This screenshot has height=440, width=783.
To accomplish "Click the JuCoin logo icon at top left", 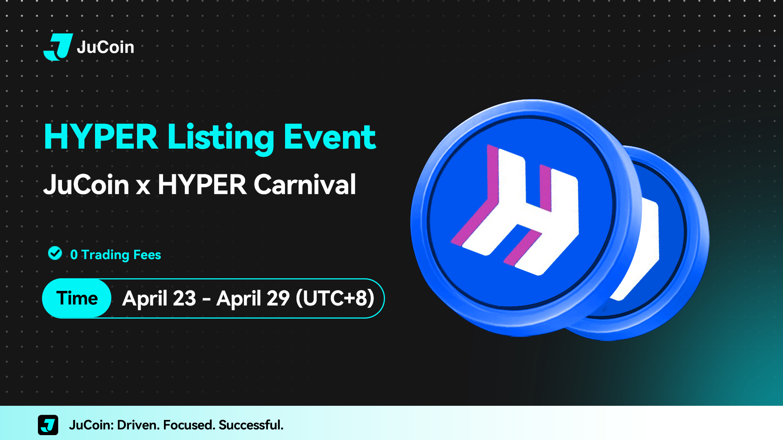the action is (58, 47).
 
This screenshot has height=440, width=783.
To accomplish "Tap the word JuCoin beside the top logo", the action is (105, 47).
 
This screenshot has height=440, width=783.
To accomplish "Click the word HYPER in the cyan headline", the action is (101, 137).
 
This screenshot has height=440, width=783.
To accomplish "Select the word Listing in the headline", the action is (221, 139).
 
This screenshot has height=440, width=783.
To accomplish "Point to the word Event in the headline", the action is (330, 137).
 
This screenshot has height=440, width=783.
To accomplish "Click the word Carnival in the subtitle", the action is (305, 185).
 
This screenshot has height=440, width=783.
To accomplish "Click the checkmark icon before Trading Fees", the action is (55, 253).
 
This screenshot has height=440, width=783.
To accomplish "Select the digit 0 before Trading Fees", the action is (74, 255).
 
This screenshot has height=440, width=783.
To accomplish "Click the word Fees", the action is (147, 255).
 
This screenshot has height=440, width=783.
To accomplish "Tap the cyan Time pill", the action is (77, 298).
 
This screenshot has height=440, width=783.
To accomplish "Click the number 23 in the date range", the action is (184, 298).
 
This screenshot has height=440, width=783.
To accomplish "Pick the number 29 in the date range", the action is (278, 298).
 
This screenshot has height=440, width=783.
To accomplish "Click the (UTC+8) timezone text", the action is (335, 298).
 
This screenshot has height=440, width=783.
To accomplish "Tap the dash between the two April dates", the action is (206, 300).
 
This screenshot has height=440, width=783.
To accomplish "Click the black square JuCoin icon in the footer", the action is (48, 425).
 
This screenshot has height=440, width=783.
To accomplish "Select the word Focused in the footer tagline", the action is (189, 425).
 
